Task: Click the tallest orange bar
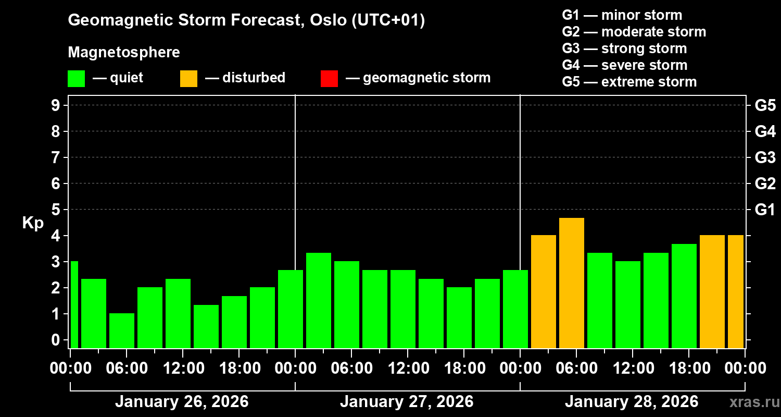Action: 572,283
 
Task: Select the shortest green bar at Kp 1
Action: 122,330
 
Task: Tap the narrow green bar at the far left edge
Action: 74,304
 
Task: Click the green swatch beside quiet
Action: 76,79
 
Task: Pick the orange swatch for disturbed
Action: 188,79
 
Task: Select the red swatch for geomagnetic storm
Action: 329,79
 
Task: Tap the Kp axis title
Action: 33,223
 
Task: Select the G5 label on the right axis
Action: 765,106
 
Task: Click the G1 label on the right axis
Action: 765,210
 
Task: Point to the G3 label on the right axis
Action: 765,157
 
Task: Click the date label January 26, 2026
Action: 182,402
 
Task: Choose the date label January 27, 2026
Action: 407,402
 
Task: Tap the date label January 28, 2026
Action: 632,402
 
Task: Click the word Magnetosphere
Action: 124,53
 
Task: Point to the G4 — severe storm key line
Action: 625,65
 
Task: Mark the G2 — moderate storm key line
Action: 634,32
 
